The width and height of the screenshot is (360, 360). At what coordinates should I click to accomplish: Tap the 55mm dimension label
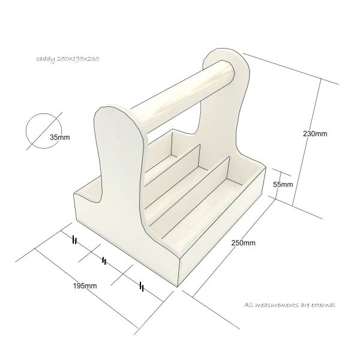click(x=283, y=184)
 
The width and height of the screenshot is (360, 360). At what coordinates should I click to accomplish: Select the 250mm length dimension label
click(x=244, y=243)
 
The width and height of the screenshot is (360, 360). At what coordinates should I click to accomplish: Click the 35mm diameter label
click(x=59, y=137)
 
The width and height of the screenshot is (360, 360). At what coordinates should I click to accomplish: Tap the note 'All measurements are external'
click(x=290, y=305)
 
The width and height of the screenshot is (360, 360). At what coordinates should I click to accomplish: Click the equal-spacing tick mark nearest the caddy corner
click(x=142, y=287)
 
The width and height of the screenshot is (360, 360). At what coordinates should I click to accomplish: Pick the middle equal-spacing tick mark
click(x=104, y=260)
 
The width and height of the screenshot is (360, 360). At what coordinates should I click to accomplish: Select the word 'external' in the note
click(x=321, y=305)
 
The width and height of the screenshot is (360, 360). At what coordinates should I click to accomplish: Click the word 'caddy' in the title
click(x=44, y=60)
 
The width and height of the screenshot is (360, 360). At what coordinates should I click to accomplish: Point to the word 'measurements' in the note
click(x=280, y=305)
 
